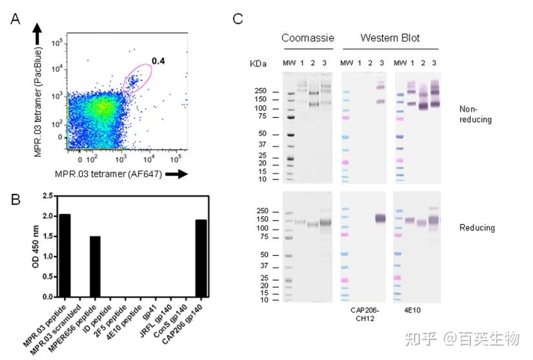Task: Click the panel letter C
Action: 237,18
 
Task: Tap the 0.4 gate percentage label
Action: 158,61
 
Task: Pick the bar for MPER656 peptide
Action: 94,266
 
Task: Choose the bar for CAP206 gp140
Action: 202,259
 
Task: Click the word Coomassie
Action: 307,38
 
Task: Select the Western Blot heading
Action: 390,38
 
